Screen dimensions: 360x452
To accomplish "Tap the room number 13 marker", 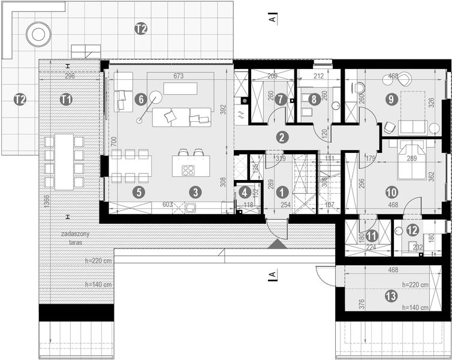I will [x=391, y=295].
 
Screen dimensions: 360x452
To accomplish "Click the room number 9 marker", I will [x=391, y=100].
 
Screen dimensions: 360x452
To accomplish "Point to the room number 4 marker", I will [x=244, y=193].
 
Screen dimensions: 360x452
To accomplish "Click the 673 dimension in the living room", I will [x=178, y=76].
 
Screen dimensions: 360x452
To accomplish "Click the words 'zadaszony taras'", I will [x=71, y=238].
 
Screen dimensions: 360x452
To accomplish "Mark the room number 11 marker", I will [x=372, y=236].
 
